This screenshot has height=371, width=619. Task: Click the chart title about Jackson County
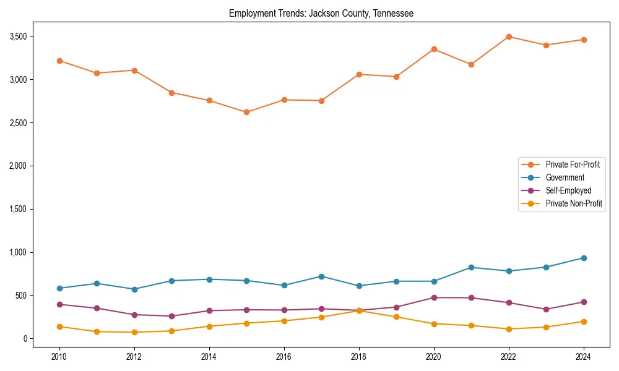(321, 13)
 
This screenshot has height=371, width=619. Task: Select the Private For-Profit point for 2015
(246, 112)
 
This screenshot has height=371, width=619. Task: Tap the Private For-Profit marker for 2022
(509, 36)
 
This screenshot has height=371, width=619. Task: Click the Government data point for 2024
(584, 258)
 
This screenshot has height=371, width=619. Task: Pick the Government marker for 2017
(321, 276)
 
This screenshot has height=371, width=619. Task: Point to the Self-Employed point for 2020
(434, 297)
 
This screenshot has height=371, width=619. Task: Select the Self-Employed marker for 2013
(171, 316)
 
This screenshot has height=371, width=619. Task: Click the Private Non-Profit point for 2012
(134, 332)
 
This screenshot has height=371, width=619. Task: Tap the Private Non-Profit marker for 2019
(396, 317)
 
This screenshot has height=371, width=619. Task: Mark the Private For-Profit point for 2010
(59, 61)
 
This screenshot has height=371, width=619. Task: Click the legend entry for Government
(565, 177)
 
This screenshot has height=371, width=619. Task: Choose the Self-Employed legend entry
(568, 190)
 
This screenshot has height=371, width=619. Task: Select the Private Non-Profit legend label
(574, 203)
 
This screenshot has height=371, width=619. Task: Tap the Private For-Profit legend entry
(573, 164)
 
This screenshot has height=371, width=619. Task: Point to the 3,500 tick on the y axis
(17, 36)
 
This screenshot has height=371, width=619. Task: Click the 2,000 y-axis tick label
(17, 166)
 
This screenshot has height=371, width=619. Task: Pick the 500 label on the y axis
(21, 296)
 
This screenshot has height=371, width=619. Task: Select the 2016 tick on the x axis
(284, 357)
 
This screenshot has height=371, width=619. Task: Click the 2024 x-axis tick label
(584, 357)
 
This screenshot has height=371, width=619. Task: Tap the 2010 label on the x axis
(59, 357)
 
